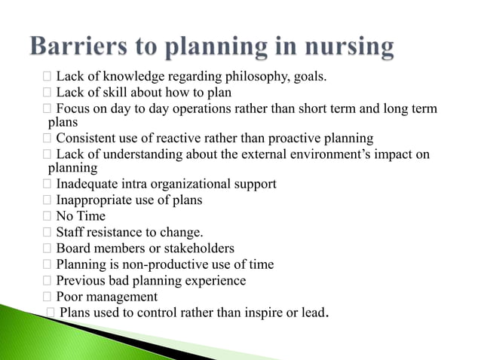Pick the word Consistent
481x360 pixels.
pyautogui.click(x=87, y=139)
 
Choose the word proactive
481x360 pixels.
pyautogui.click(x=290, y=139)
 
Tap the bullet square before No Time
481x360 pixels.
pyautogui.click(x=47, y=216)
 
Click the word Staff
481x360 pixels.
pyautogui.click(x=70, y=233)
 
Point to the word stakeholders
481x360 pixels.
pyautogui.click(x=195, y=249)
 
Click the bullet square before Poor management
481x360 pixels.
pyautogui.click(x=47, y=297)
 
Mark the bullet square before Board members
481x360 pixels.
pyautogui.click(x=47, y=249)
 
